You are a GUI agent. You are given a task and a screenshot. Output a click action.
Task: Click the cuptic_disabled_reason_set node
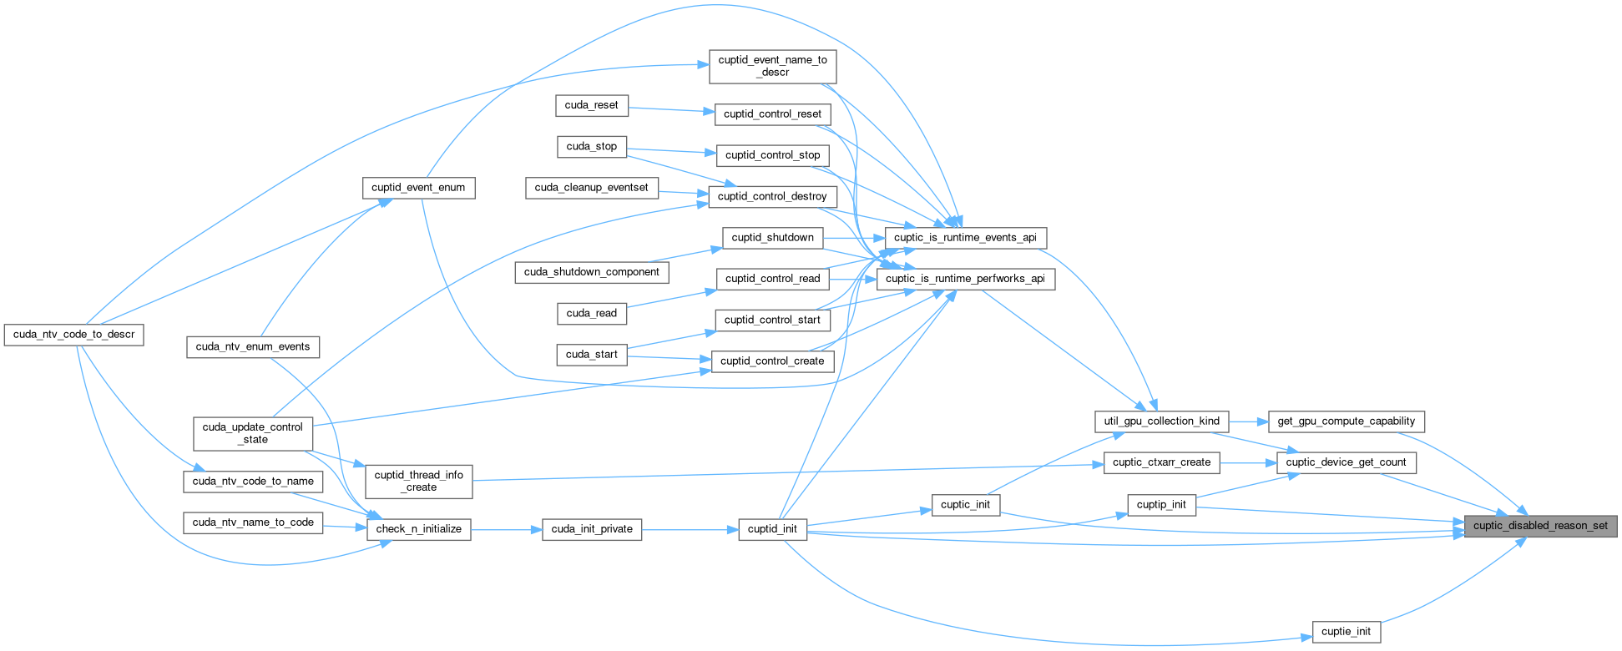1540,526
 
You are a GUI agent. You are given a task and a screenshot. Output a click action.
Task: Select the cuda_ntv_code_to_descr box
73,335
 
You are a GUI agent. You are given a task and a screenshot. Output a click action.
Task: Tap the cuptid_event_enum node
418,188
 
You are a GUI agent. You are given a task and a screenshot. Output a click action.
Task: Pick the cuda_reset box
591,105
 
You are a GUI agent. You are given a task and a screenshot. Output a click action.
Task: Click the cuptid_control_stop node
772,155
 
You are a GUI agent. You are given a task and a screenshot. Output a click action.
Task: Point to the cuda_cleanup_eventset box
591,188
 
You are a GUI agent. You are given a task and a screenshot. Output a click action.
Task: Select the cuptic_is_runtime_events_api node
965,238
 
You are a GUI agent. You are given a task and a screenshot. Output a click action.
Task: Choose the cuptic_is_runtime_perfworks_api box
965,279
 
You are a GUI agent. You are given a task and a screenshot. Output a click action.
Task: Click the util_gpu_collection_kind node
1161,421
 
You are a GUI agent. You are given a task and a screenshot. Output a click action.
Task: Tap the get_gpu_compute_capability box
1346,421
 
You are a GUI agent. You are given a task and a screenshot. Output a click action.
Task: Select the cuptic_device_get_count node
1346,462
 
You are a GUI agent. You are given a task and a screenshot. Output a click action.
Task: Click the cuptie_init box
1346,632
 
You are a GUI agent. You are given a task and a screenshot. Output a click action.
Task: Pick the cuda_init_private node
592,529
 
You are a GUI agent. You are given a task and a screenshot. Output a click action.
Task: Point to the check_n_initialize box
418,529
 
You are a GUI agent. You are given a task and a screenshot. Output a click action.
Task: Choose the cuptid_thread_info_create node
418,482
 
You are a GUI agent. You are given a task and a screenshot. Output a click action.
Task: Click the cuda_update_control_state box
252,433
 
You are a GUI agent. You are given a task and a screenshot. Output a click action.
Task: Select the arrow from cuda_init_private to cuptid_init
690,529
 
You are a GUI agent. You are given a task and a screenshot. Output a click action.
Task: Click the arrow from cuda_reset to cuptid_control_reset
671,109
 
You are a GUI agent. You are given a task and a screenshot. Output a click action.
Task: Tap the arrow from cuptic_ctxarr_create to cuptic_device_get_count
1247,462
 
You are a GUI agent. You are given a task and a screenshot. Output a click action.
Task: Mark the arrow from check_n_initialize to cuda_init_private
506,529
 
